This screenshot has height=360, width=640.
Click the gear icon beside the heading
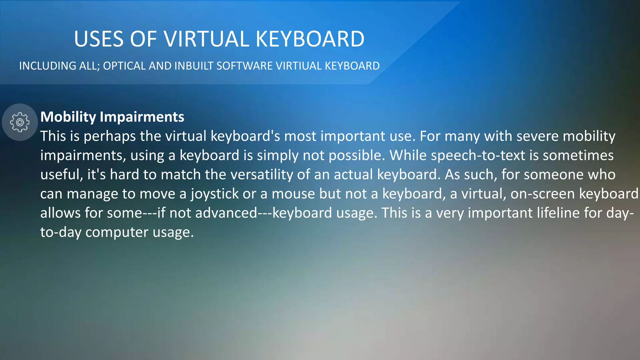[20, 122]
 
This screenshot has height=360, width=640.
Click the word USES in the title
[99, 39]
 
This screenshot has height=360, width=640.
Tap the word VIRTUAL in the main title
[206, 39]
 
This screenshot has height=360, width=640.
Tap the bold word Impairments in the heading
[142, 117]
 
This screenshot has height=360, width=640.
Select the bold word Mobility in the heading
[68, 117]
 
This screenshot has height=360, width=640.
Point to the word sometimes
[578, 156]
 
